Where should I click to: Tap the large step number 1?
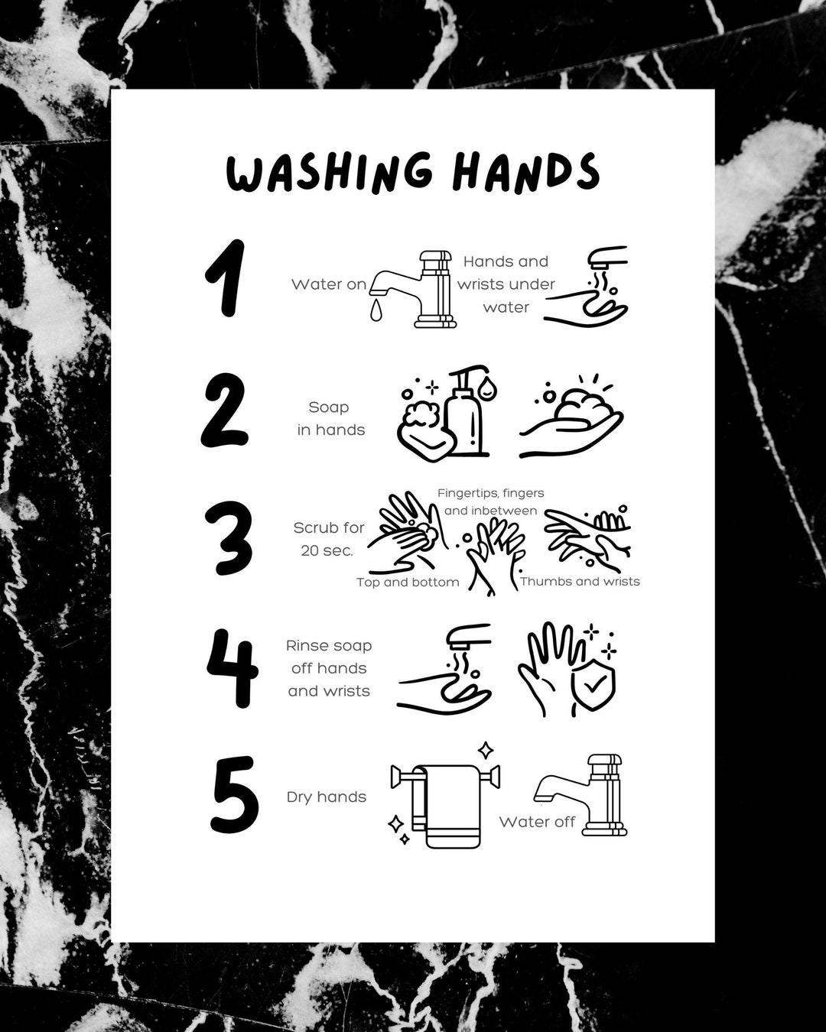[x=226, y=278]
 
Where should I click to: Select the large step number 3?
[x=228, y=538]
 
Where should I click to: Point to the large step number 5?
[x=233, y=795]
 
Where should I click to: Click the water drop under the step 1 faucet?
[x=374, y=309]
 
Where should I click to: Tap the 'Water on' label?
[x=329, y=284]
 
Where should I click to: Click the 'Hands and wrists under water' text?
[x=506, y=284]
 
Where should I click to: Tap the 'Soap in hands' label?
[x=330, y=419]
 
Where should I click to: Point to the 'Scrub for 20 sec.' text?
[x=329, y=539]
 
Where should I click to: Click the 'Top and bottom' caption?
[x=408, y=583]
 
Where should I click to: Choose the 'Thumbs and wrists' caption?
[x=580, y=582]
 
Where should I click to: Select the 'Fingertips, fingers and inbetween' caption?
[x=491, y=501]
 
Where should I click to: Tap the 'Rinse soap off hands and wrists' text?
[x=329, y=668]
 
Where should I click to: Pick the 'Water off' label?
[x=537, y=823]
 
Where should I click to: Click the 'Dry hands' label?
[x=327, y=797]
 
